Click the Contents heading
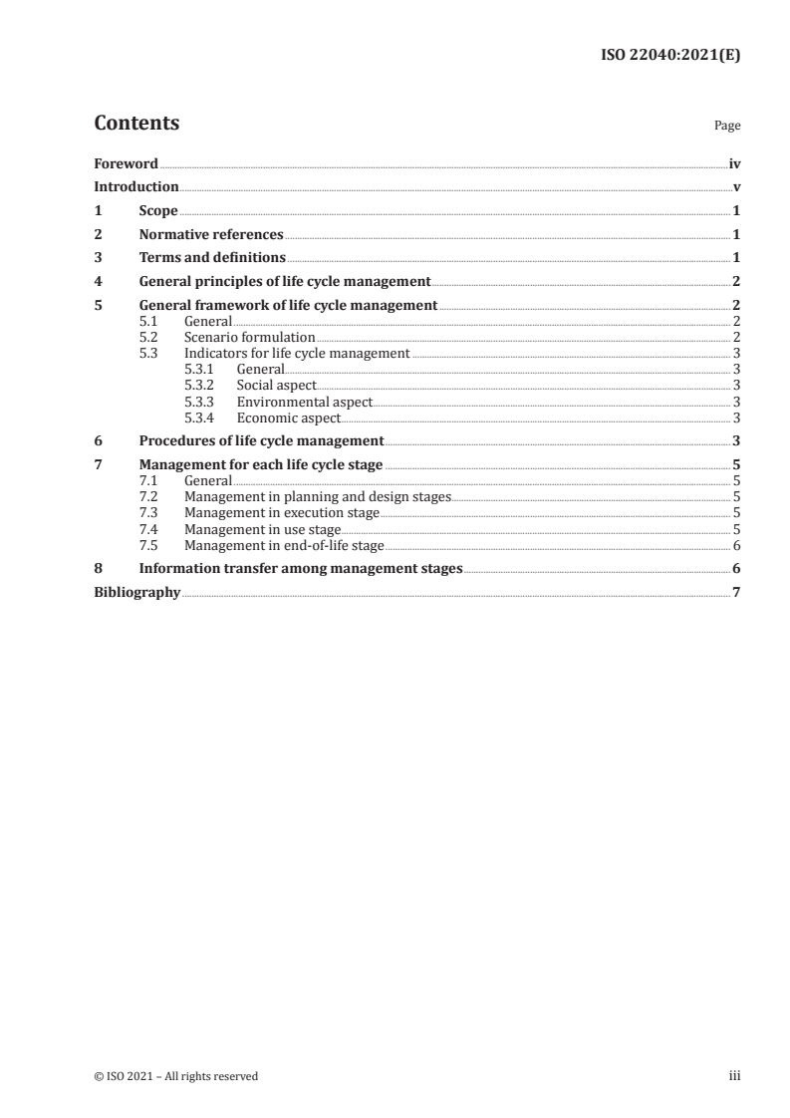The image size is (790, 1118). [x=136, y=124]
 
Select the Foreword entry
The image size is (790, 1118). [x=126, y=163]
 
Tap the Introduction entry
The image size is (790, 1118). [x=136, y=186]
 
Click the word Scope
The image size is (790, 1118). [x=158, y=211]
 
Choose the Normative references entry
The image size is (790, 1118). [x=211, y=235]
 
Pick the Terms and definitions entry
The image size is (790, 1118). [x=212, y=258]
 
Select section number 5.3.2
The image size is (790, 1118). [x=200, y=386]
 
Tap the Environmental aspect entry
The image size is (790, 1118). [x=304, y=402]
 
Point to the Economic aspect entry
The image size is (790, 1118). [x=288, y=418]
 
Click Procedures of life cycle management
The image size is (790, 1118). [x=261, y=440]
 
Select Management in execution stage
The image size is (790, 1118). [x=281, y=513]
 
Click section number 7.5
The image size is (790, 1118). [x=148, y=545]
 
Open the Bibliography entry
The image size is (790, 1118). [x=136, y=592]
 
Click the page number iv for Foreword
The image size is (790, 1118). [x=734, y=163]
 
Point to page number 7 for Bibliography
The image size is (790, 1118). [x=736, y=592]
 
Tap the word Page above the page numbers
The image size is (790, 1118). [x=727, y=127]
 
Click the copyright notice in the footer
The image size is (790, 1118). [x=175, y=1076]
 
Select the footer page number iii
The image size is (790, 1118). [x=734, y=1076]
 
